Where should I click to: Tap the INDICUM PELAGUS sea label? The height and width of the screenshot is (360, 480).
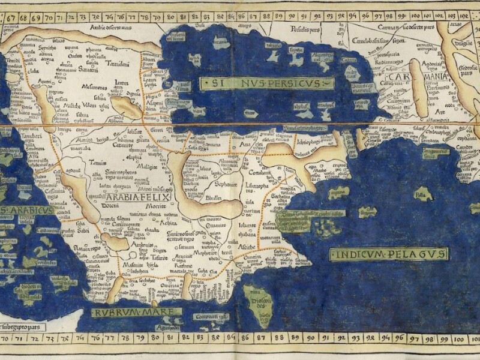[389, 254]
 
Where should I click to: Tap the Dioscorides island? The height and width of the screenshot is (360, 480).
[259, 307]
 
